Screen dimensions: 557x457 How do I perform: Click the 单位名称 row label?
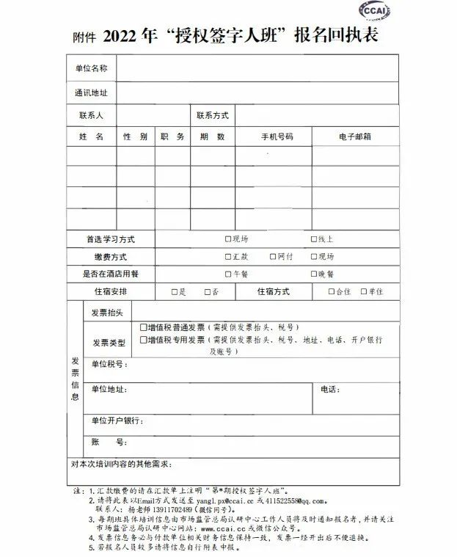pyautogui.click(x=91, y=68)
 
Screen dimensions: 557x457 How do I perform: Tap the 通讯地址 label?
pyautogui.click(x=91, y=92)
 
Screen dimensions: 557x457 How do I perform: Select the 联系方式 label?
pyautogui.click(x=212, y=115)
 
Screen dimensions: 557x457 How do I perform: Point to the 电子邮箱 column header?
pyautogui.click(x=355, y=137)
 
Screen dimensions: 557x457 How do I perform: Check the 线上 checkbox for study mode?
pyautogui.click(x=313, y=239)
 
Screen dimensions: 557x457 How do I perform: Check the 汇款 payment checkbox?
pyautogui.click(x=227, y=257)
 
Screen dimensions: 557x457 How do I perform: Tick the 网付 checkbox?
pyautogui.click(x=272, y=257)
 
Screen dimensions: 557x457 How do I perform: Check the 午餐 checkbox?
pyautogui.click(x=227, y=274)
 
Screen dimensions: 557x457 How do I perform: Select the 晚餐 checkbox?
pyautogui.click(x=313, y=274)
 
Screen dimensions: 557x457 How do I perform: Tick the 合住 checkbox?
pyautogui.click(x=332, y=291)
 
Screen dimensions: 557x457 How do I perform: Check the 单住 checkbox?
pyautogui.click(x=364, y=291)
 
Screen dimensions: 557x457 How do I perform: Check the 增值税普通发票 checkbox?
pyautogui.click(x=144, y=327)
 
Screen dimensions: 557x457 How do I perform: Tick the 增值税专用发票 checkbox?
pyautogui.click(x=144, y=340)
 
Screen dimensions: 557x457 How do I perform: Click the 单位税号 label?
pyautogui.click(x=109, y=365)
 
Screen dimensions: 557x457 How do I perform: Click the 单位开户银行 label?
pyautogui.click(x=116, y=421)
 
